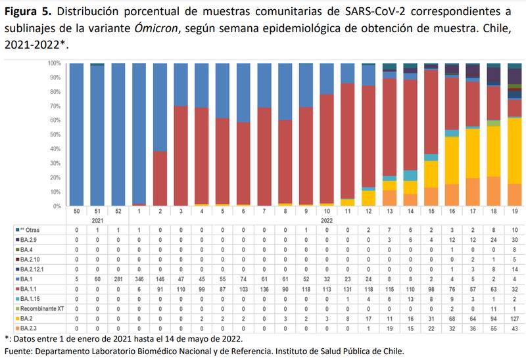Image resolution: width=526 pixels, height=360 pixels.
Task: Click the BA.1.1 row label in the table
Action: (29, 290)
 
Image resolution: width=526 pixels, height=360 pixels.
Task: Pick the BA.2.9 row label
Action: (28, 241)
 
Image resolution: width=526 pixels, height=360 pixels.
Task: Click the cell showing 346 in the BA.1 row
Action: (139, 280)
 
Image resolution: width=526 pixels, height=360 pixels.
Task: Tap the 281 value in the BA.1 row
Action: (119, 280)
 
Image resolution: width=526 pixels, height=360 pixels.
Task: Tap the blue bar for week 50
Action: (77, 135)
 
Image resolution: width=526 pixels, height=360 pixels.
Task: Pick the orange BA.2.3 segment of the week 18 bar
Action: (493, 191)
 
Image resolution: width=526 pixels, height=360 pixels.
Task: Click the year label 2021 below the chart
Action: (97, 221)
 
